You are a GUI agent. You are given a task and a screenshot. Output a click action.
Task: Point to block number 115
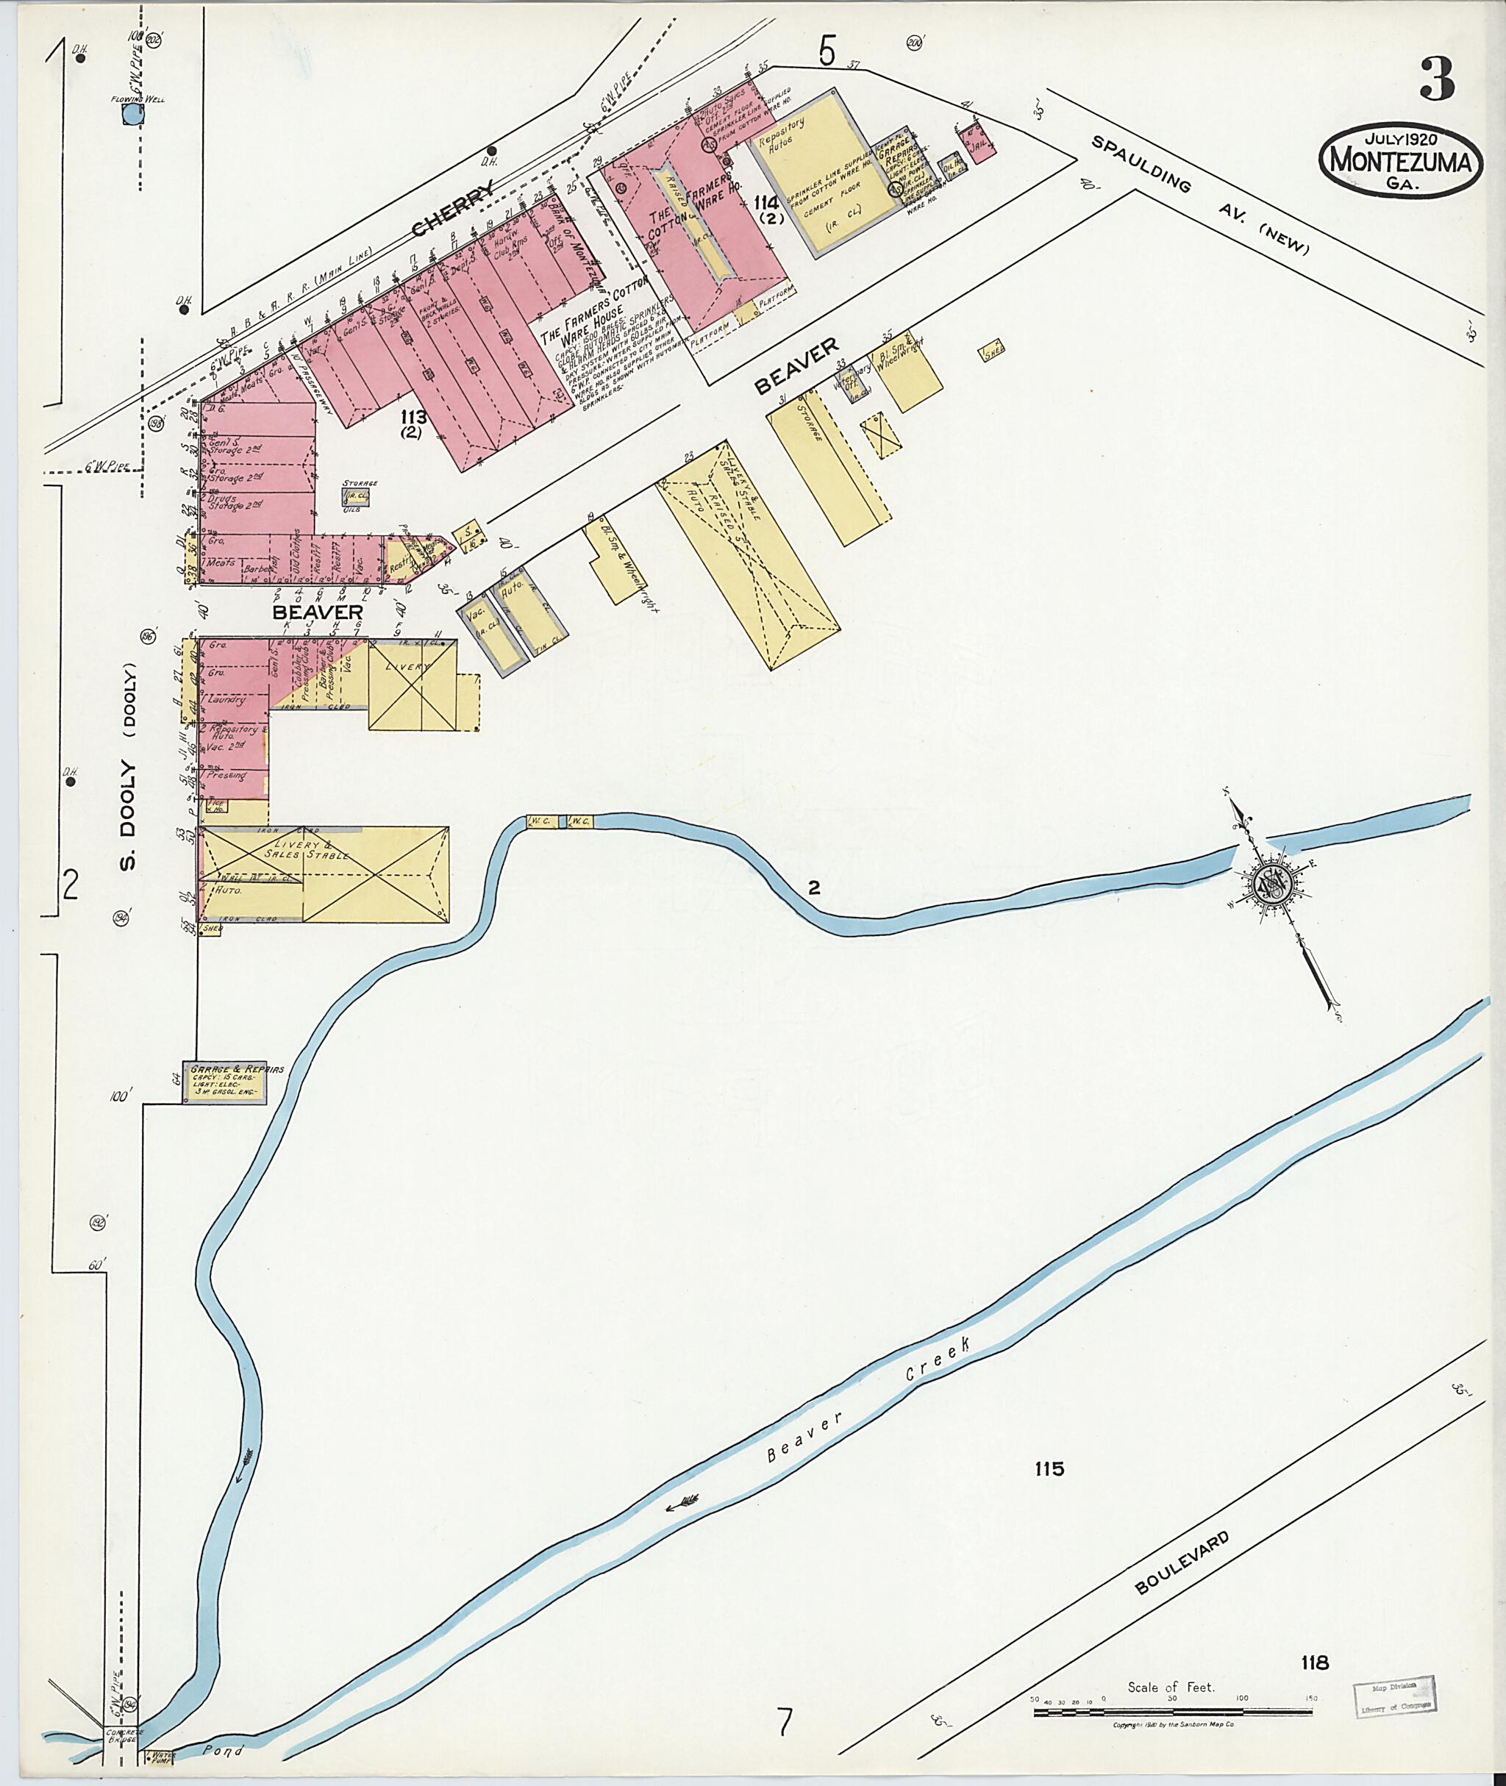click(x=1049, y=1468)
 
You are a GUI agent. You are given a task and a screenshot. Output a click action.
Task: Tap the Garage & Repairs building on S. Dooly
click(x=226, y=1083)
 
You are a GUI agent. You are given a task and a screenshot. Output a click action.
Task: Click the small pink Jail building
click(x=979, y=143)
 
